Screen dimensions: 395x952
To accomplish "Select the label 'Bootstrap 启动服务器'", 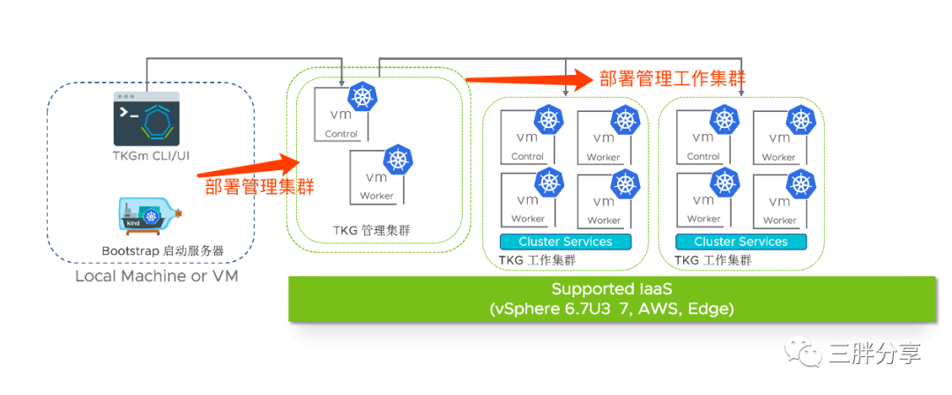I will pyautogui.click(x=162, y=251).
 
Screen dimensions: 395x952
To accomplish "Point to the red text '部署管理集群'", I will pyautogui.click(x=259, y=187).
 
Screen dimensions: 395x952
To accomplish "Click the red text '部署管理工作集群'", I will pyautogui.click(x=673, y=78).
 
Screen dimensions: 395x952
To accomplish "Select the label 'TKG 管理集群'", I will pyautogui.click(x=371, y=231).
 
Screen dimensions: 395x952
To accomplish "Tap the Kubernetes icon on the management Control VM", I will pyautogui.click(x=363, y=98).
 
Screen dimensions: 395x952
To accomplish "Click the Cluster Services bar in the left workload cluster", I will pyautogui.click(x=565, y=242).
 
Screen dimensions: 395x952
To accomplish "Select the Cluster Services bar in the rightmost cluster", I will pyautogui.click(x=740, y=242).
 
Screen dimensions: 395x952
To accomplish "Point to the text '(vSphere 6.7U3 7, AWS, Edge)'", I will pyautogui.click(x=612, y=309).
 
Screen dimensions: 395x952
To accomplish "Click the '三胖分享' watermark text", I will pyautogui.click(x=874, y=354).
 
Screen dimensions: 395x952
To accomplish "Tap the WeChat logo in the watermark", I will pyautogui.click(x=809, y=354).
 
